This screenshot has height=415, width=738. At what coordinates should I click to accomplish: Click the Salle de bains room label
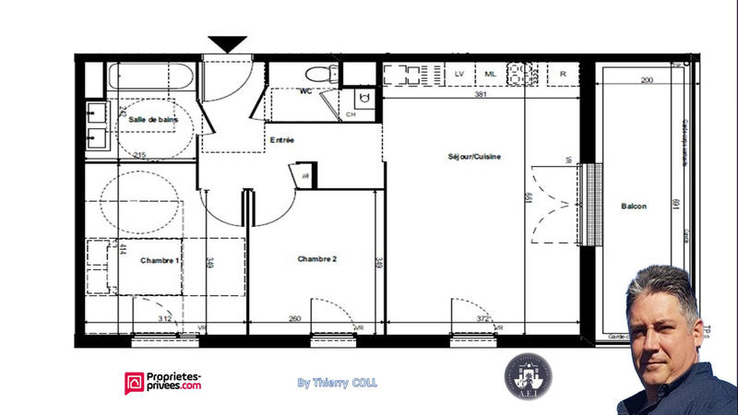coord(152,120)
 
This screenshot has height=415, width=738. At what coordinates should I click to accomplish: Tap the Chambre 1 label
coord(160,261)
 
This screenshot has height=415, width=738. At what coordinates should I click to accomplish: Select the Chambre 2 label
coord(316,259)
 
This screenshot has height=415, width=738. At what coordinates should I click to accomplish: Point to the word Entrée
coord(281,140)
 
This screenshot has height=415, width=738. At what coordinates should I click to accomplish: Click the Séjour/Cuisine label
coord(475,157)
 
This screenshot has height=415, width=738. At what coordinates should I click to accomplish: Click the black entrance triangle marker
coord(227,44)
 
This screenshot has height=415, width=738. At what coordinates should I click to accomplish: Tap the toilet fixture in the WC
coord(318,75)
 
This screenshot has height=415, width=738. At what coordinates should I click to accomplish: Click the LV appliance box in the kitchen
coord(458,75)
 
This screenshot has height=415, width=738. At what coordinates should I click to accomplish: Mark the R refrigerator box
coord(562,75)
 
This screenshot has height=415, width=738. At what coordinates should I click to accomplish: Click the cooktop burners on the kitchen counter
coord(522,74)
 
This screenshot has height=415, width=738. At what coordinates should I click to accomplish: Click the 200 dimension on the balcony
coord(646,81)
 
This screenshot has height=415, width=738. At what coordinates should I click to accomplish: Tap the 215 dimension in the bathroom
coord(139,154)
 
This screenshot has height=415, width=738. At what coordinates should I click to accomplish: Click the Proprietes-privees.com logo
coord(163,382)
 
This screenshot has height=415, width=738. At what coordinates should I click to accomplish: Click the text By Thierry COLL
coord(337,382)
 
